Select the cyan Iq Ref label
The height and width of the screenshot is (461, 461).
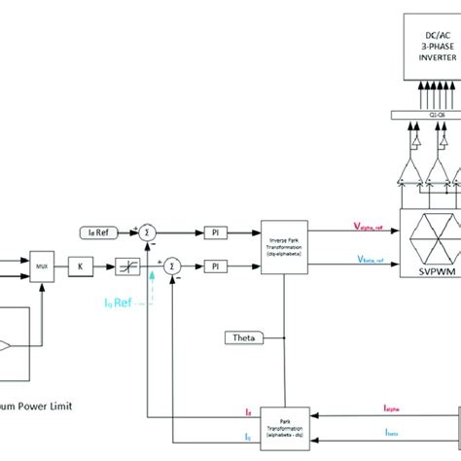click(121, 303)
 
